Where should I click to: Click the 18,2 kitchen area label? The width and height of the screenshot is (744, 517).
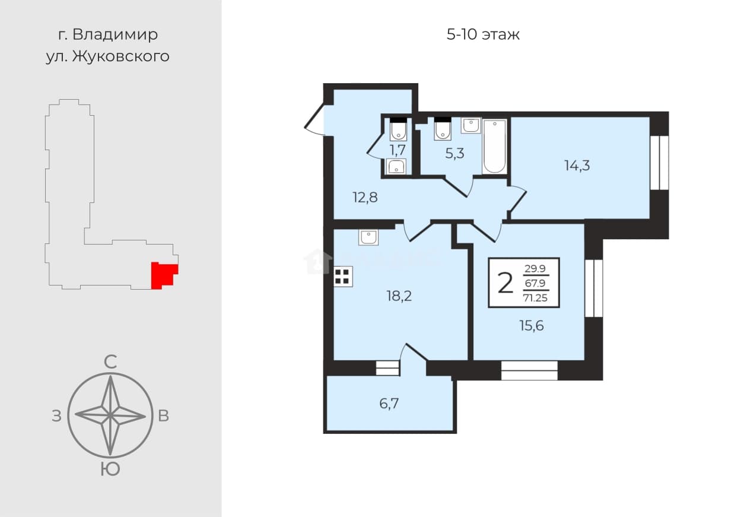coord(399,296)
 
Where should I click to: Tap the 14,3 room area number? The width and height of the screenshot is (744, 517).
coord(577,166)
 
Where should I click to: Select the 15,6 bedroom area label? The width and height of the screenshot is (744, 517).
coord(532,326)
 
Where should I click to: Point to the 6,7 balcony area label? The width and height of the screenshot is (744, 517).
coord(389,404)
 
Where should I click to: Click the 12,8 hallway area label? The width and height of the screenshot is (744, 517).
coord(365,198)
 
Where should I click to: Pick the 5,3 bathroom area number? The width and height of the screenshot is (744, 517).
coord(454,154)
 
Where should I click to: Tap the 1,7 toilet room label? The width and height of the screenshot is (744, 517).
coord(398,150)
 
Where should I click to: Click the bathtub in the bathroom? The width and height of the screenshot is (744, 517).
coord(495,147)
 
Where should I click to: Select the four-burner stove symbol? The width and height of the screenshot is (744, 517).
coord(342,277)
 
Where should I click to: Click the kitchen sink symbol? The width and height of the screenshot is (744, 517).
coord(368,237)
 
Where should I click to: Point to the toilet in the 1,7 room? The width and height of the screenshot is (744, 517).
coord(398,129)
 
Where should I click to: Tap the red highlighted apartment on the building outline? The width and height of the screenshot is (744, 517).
coord(164,275)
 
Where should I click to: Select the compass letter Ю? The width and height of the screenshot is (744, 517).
coord(110,470)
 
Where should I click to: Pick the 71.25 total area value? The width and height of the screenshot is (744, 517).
coord(535,298)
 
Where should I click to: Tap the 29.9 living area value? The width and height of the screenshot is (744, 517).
coord(535,268)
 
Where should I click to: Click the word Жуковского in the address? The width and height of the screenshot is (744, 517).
coord(121,56)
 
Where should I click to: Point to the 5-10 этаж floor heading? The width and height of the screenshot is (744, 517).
coord(483,34)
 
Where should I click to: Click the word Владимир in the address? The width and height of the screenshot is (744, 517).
coord(115,34)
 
